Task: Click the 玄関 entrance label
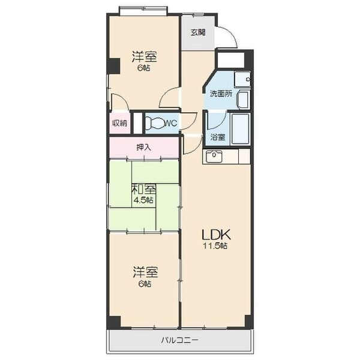[198, 32]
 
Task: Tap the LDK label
[216, 235]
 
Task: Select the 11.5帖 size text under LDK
[215, 246]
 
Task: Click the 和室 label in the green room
[144, 190]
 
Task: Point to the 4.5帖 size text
[143, 200]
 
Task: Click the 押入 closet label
[144, 147]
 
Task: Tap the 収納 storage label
[119, 123]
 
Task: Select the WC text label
[172, 124]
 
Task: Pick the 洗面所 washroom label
[221, 94]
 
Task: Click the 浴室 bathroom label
[218, 137]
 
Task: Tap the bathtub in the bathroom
[240, 129]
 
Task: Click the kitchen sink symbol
[214, 156]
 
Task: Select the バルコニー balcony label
[179, 340]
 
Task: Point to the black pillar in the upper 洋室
[113, 66]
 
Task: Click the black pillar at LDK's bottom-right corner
[248, 322]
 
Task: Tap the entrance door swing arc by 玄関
[232, 34]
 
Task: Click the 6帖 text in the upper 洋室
[144, 68]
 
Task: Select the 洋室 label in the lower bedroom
[145, 272]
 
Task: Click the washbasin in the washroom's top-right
[242, 79]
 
